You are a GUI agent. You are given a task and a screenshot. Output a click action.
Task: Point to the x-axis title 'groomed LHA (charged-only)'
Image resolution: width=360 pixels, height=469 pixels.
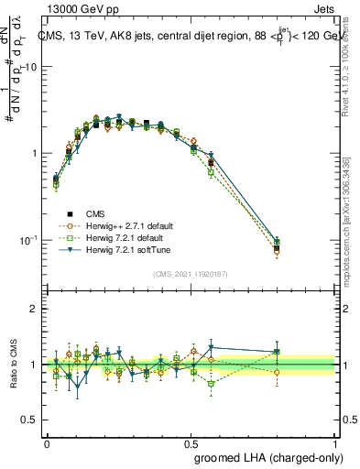point(266,455)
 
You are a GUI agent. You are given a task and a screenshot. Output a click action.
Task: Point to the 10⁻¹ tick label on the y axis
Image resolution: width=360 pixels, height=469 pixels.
point(28,240)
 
